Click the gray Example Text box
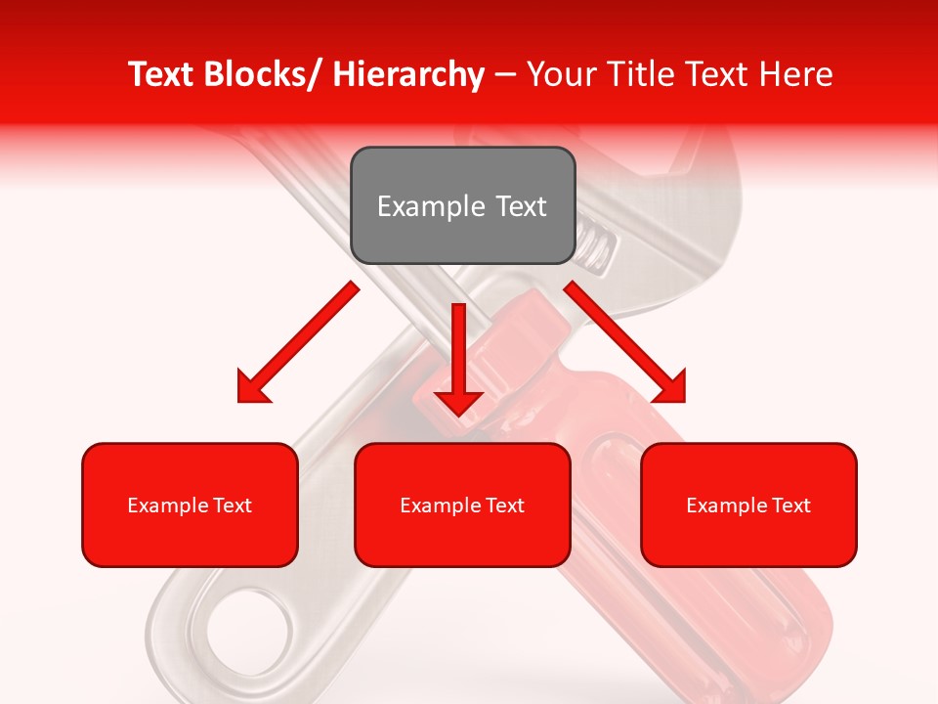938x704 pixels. pos(462,205)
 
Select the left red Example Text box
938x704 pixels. pos(190,505)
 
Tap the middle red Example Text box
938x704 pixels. pos(462,505)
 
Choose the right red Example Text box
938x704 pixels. pos(748,505)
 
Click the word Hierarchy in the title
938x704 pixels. pos(408,75)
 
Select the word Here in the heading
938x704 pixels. pos(796,75)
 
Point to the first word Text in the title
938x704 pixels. pos(163,75)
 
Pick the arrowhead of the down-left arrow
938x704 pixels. pos(252,387)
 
